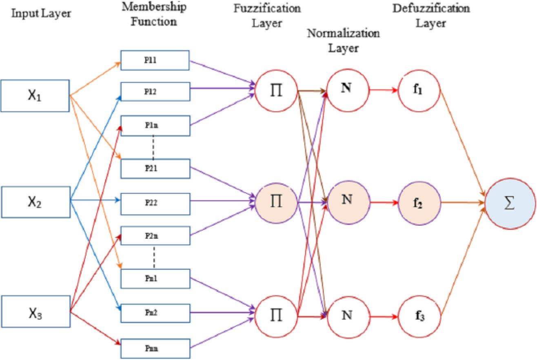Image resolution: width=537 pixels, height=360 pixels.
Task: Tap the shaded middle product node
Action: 277,202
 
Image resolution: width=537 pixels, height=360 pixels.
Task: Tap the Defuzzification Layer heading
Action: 430,16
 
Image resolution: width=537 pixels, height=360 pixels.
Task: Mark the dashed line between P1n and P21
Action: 153,147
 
